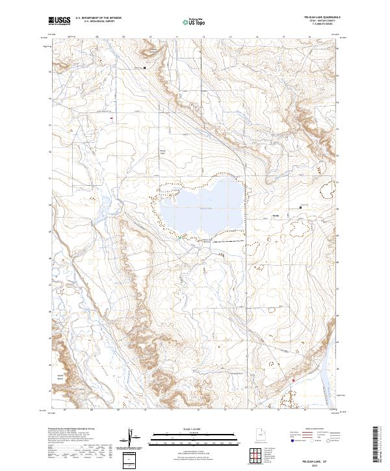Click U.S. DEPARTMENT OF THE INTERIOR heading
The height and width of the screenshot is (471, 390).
coord(98,18)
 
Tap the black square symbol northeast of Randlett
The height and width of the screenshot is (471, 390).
coord(300,207)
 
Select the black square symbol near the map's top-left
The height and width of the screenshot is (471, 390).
coord(145,68)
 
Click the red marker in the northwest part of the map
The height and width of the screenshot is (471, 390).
coord(111,118)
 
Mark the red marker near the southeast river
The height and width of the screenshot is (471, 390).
coord(293,380)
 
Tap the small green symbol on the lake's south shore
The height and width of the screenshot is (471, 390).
coord(180,237)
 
